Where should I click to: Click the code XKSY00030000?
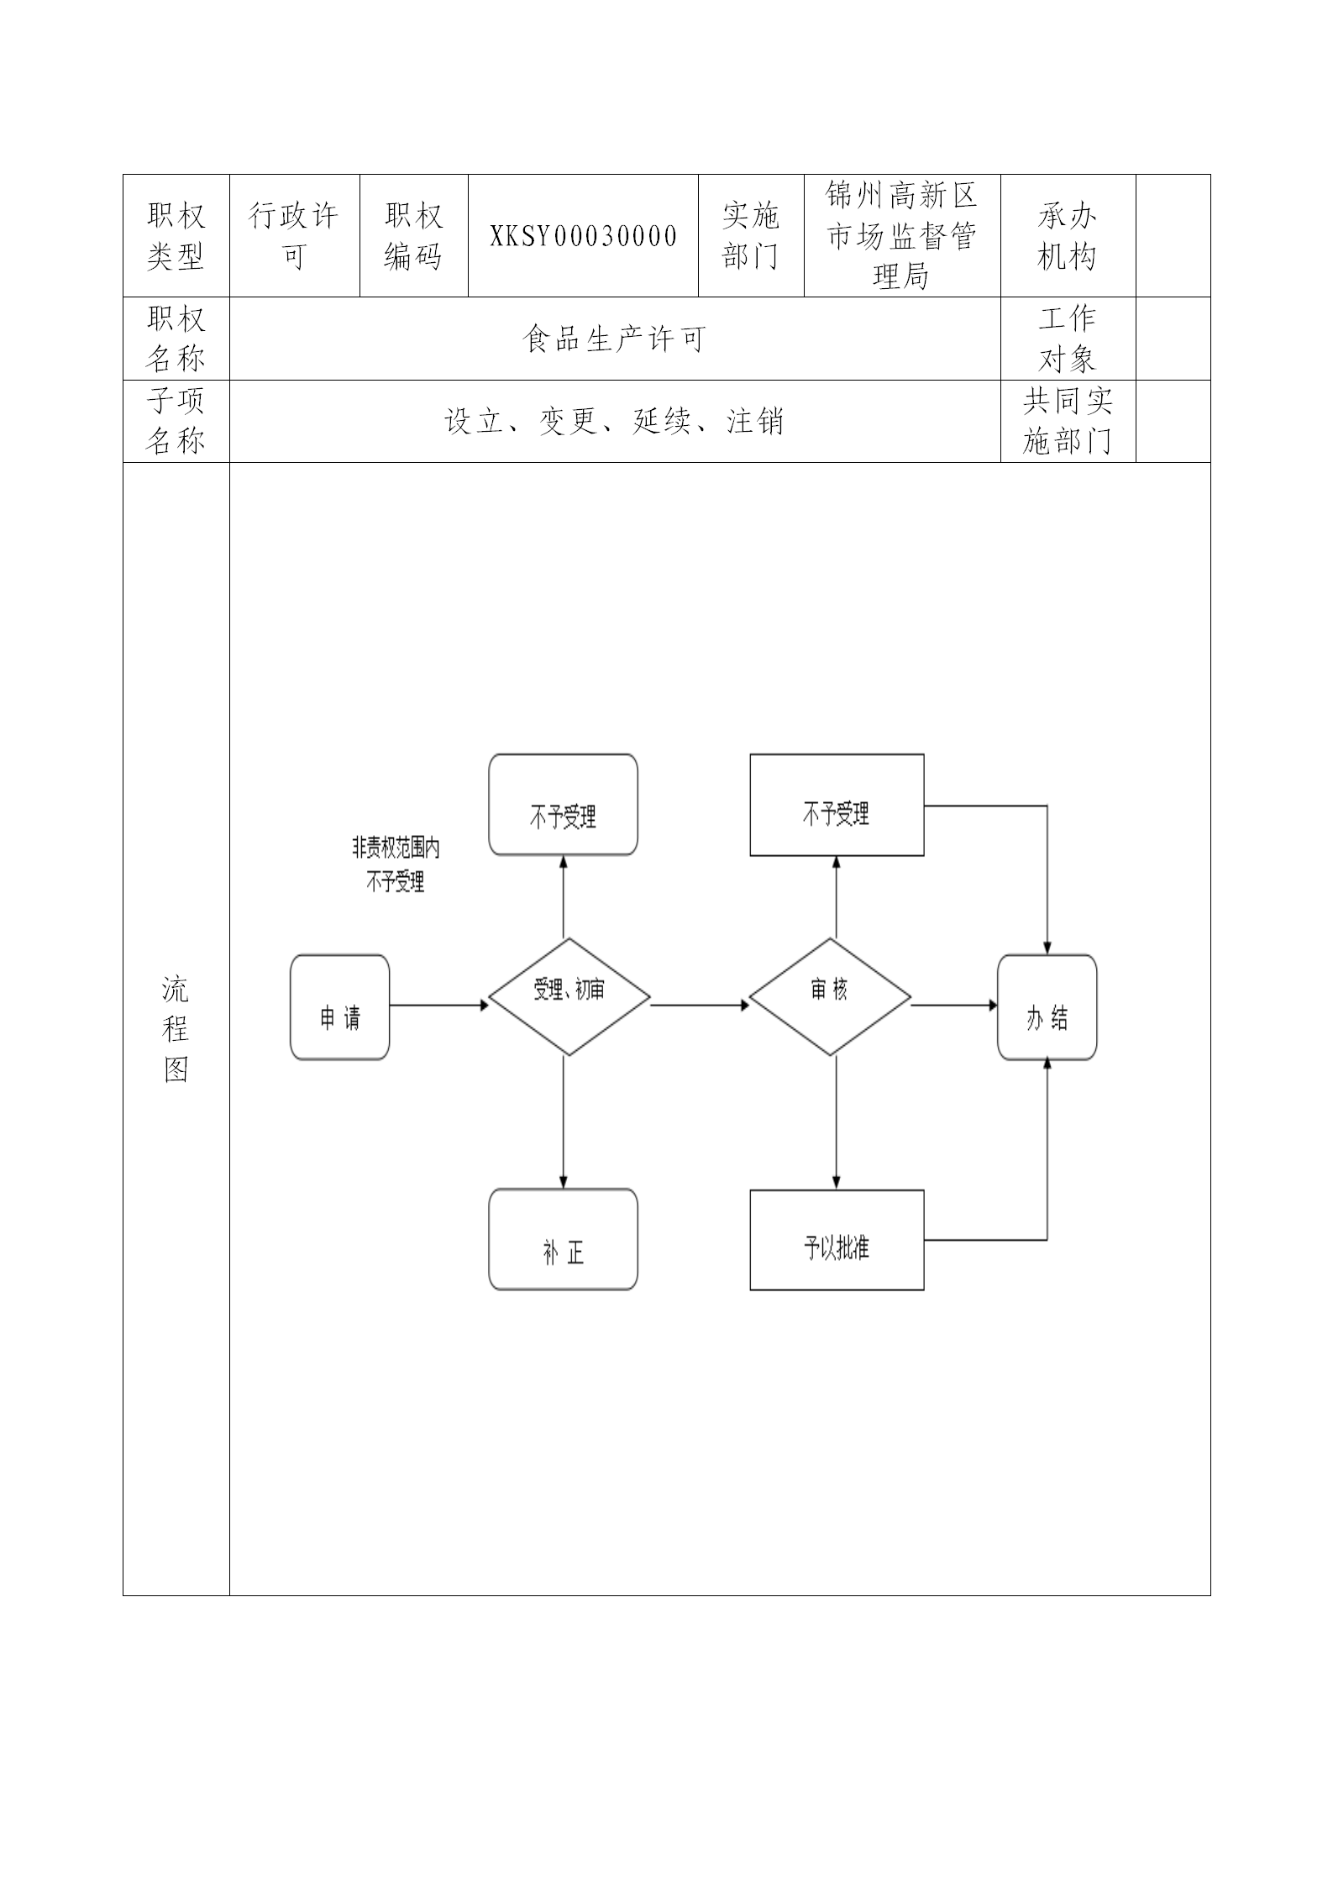click(583, 236)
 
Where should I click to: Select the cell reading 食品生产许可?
click(614, 339)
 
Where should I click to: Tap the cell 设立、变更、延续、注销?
click(614, 421)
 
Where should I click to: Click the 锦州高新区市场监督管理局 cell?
click(901, 236)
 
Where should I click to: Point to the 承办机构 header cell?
click(1067, 236)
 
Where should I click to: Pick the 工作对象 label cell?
click(1067, 339)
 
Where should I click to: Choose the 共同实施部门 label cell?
click(1067, 421)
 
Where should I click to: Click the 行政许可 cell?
click(294, 236)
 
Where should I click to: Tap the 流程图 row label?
click(176, 1029)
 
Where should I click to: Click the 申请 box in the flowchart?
click(339, 1006)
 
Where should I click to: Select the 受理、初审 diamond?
click(569, 996)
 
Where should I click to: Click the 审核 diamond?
click(829, 996)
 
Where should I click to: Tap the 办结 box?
click(1047, 1006)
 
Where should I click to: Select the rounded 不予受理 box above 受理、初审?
click(563, 805)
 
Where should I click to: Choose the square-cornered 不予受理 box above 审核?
click(837, 805)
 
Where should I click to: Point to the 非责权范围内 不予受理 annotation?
click(396, 864)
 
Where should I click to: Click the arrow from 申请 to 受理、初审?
click(438, 1005)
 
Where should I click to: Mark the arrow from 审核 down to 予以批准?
click(836, 1122)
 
